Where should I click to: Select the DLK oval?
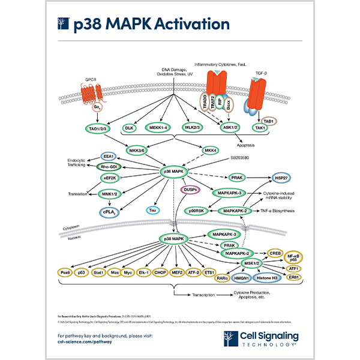coord(128,128)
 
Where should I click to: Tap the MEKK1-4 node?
coord(158,128)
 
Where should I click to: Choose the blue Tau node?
coord(153,210)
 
